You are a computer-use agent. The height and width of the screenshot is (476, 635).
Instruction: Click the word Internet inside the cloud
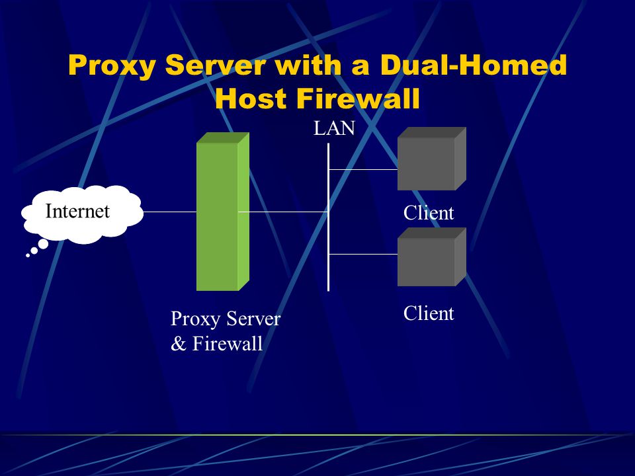pyautogui.click(x=77, y=211)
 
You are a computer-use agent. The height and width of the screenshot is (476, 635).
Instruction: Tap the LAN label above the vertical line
pyautogui.click(x=334, y=128)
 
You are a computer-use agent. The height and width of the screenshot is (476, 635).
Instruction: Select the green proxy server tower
pyautogui.click(x=223, y=212)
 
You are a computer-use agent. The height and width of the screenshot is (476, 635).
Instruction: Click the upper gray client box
pyautogui.click(x=432, y=159)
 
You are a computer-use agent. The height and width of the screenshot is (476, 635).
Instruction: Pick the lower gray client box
pyautogui.click(x=432, y=257)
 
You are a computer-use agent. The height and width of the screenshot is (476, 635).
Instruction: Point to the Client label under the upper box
pyautogui.click(x=429, y=213)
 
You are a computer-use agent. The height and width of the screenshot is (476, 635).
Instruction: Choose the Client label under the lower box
pyautogui.click(x=429, y=313)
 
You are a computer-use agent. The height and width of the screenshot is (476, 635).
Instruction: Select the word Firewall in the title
pyautogui.click(x=358, y=99)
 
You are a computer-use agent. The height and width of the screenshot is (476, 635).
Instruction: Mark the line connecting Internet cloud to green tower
pyautogui.click(x=170, y=212)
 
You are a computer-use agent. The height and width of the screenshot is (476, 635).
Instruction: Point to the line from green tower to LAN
pyautogui.click(x=283, y=212)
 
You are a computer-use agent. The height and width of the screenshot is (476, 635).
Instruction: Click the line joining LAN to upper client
pyautogui.click(x=363, y=170)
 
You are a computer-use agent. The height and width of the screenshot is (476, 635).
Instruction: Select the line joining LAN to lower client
pyautogui.click(x=363, y=254)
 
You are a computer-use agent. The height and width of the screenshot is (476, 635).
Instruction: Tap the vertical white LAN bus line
pyautogui.click(x=329, y=218)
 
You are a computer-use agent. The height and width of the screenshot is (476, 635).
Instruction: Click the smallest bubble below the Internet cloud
pyautogui.click(x=28, y=255)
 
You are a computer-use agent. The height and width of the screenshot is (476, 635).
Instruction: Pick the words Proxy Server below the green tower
pyautogui.click(x=225, y=319)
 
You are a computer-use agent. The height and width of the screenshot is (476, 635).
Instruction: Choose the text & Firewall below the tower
pyautogui.click(x=217, y=344)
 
